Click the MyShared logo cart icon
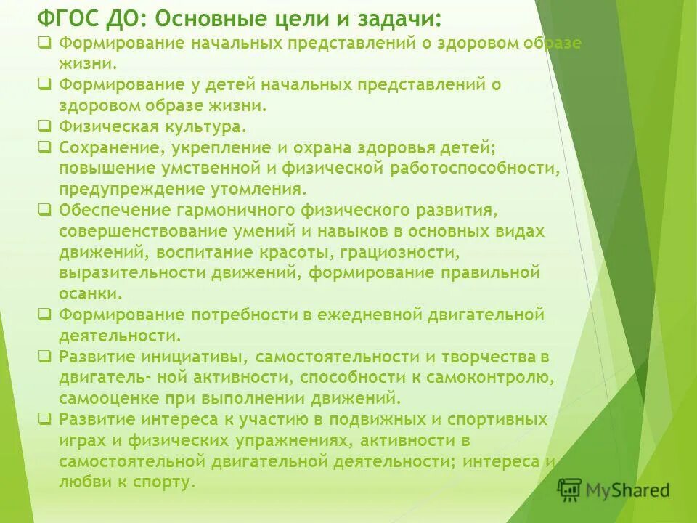coord(569,490)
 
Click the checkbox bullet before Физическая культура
coord(45,126)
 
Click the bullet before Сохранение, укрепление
coord(45,147)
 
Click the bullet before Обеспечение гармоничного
coord(45,211)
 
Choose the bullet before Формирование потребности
coord(45,315)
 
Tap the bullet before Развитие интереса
coord(45,420)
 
